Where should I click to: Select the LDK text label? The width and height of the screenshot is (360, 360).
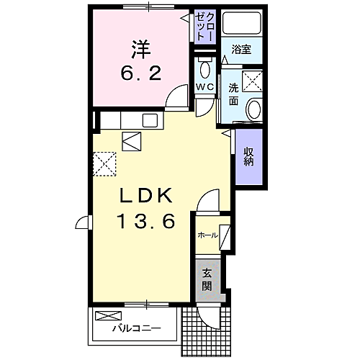144,195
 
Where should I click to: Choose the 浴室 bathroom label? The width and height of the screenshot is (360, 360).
240,50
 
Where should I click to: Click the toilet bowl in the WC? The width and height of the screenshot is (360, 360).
204,71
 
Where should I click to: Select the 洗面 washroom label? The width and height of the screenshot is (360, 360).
234,94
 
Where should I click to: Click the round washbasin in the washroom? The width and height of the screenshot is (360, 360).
254,110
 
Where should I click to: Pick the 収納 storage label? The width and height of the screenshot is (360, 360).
248,156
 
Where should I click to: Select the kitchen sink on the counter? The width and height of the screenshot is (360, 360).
150,120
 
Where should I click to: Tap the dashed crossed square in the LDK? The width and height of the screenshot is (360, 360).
105,163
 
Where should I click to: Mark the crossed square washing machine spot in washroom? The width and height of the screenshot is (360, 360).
253,81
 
